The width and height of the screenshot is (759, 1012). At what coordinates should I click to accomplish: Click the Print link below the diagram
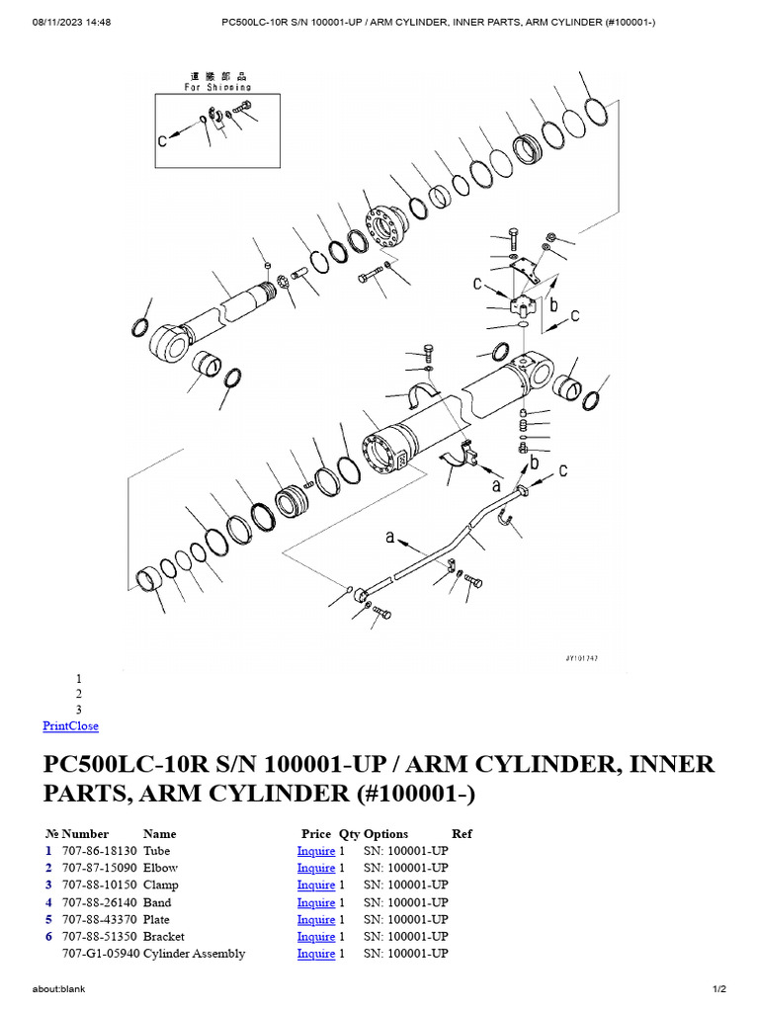pos(55,725)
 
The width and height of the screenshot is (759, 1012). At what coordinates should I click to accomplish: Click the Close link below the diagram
pos(84,725)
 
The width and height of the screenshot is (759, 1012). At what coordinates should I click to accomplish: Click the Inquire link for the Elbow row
pos(316,868)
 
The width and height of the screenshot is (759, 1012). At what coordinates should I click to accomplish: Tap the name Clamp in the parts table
pos(161,885)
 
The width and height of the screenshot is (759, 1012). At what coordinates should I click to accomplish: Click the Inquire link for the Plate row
pos(316,919)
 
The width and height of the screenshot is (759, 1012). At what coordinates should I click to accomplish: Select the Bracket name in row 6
pos(164,936)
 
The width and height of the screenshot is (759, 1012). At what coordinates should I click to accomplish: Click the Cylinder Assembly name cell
pos(194,954)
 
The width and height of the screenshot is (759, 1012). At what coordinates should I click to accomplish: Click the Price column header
pos(316,834)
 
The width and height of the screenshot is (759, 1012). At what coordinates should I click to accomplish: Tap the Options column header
pos(385,834)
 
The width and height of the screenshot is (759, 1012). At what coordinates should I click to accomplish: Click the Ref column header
pos(462,834)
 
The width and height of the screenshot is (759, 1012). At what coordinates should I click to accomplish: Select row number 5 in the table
pos(47,919)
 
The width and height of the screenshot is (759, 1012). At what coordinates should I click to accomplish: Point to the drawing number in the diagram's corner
pos(584,657)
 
